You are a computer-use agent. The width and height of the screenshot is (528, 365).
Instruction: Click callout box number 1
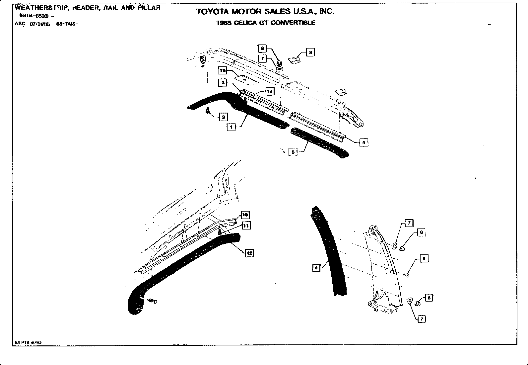pyautogui.click(x=231, y=127)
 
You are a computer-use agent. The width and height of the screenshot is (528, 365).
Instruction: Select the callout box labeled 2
pyautogui.click(x=223, y=83)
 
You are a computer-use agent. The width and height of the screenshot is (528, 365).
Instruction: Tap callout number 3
pyautogui.click(x=224, y=117)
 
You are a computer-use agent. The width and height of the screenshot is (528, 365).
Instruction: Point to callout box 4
pyautogui.click(x=363, y=142)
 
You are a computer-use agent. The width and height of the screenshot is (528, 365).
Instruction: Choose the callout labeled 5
pyautogui.click(x=293, y=152)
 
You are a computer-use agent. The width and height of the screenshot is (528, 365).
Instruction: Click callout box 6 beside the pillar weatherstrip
pyautogui.click(x=316, y=267)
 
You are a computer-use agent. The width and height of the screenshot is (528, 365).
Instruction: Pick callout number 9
pyautogui.click(x=310, y=52)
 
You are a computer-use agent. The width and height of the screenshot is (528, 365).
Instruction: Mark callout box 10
pyautogui.click(x=245, y=215)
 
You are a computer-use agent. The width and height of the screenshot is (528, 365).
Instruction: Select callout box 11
pyautogui.click(x=246, y=226)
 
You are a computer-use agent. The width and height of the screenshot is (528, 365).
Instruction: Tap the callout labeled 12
pyautogui.click(x=249, y=253)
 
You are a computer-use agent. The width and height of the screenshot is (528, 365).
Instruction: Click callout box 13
pyautogui.click(x=223, y=70)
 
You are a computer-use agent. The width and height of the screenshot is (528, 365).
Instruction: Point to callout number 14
pyautogui.click(x=270, y=91)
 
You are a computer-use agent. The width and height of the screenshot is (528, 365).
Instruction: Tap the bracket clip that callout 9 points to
pyautogui.click(x=294, y=60)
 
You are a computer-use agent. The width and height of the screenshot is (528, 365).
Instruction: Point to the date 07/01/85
pyautogui.click(x=40, y=24)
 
